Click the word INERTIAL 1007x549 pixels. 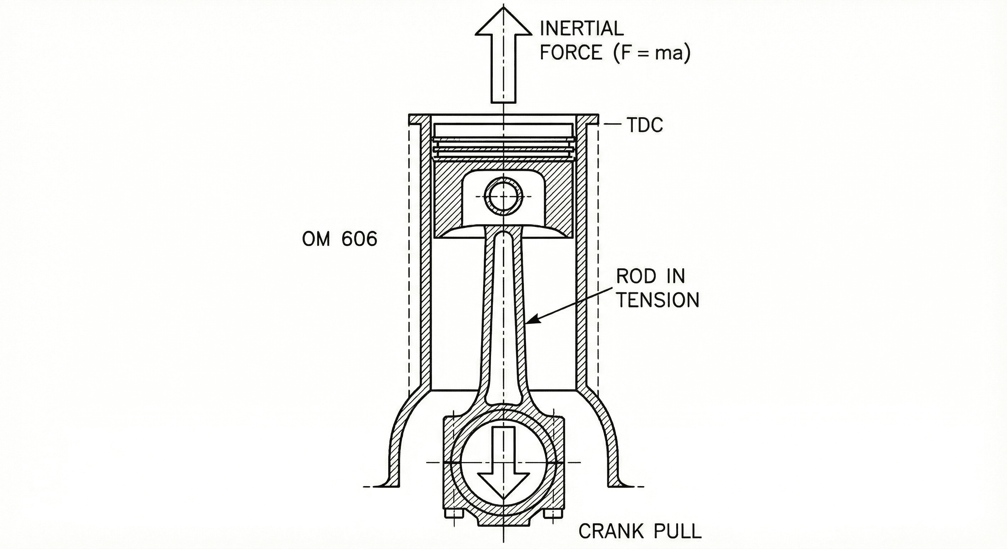(581, 29)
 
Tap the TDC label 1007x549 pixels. (645, 125)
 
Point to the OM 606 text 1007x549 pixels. (340, 239)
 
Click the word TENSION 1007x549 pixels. (658, 300)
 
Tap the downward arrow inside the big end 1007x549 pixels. (503, 469)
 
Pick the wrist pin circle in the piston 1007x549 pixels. (503, 196)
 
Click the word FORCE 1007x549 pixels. (571, 53)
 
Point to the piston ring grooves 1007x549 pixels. (503, 148)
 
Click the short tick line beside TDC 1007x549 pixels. (613, 125)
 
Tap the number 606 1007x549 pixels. (359, 239)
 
